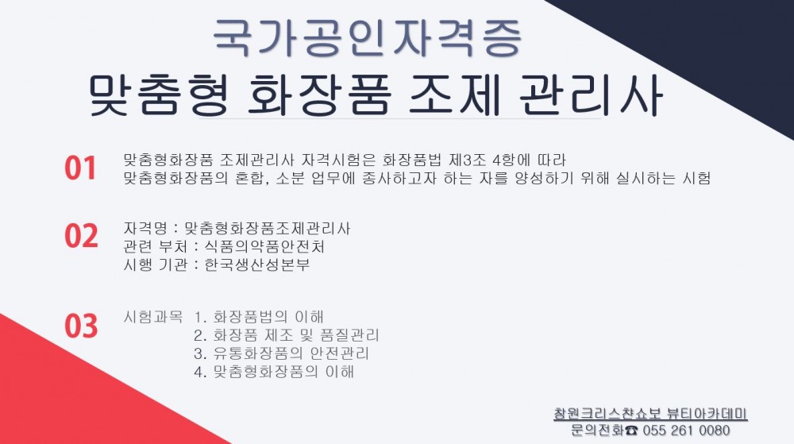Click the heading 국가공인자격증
pos(367,38)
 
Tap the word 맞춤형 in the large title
pos(159,95)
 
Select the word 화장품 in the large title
pos(318,95)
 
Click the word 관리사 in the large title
pos(591,95)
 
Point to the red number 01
pos(80,168)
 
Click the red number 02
pos(81,236)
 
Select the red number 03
pos(81,326)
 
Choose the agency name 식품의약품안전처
pos(264,246)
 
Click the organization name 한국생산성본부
pos(256,264)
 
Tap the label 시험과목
pos(153,317)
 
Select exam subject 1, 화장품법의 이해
pos(259,317)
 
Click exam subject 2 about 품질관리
pos(287,335)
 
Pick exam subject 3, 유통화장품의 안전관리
pos(282,353)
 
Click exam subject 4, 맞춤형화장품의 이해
pos(274,372)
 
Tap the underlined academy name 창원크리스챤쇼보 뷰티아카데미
pos(651,414)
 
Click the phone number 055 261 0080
pos(686,430)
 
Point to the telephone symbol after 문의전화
pos(631,430)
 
